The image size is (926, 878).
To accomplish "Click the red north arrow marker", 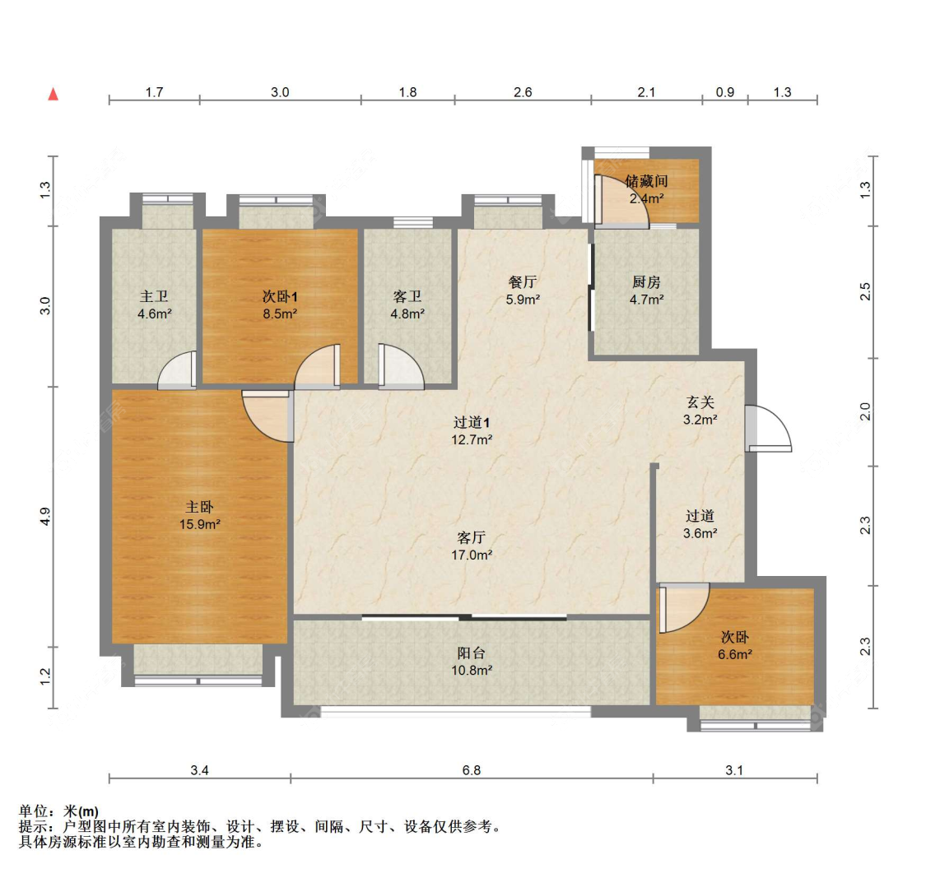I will point(54,94).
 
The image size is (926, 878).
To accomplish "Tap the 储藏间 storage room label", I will point(646,181).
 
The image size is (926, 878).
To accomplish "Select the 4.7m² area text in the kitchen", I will point(646,300).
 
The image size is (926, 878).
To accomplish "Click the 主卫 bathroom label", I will point(154,296).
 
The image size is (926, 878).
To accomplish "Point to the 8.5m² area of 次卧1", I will point(280,314).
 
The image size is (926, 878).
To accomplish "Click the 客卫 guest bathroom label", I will point(407,296).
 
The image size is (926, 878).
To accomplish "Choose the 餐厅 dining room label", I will point(523,282).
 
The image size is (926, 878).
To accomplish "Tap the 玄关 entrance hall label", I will point(700,402).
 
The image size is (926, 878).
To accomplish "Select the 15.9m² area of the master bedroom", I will point(200,524).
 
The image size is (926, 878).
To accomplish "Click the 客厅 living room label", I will point(472,537).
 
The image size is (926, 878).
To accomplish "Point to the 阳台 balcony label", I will point(472,653).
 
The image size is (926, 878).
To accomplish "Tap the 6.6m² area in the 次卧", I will point(735,655).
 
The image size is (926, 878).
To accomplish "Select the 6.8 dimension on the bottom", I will point(472,770).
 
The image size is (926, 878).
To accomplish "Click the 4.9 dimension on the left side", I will point(46,517).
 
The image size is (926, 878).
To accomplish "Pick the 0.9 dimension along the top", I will point(724,92).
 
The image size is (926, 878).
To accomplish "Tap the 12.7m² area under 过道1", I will point(472,439).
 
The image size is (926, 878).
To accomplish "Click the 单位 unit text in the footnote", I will point(37,812).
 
